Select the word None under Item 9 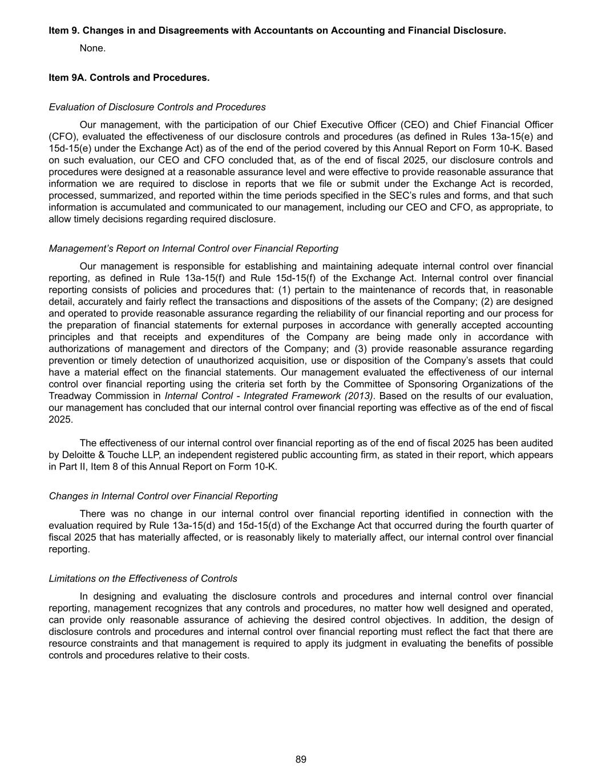(92, 48)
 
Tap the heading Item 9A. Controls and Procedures (129, 78)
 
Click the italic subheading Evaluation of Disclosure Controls (157, 107)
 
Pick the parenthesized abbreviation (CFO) (61, 137)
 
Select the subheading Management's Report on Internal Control (193, 249)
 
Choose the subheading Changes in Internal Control (163, 496)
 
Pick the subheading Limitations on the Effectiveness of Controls (143, 579)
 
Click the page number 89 (301, 759)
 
